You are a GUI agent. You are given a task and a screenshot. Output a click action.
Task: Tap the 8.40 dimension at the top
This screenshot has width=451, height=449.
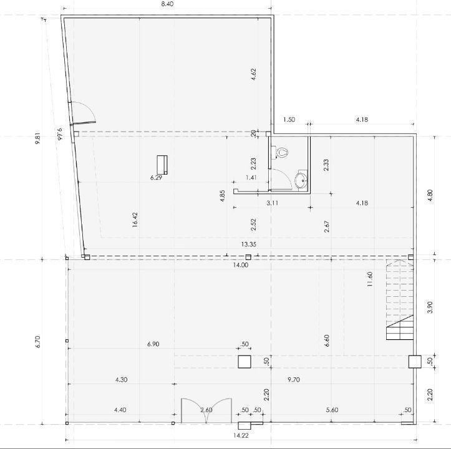(167, 4)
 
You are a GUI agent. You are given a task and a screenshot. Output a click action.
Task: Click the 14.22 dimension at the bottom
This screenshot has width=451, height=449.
(241, 435)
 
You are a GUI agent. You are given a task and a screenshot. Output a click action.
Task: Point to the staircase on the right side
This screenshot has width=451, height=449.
(399, 300)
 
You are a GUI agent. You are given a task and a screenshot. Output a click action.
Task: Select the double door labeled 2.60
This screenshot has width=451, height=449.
(206, 410)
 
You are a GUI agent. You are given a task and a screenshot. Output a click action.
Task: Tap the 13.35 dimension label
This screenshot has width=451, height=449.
(249, 244)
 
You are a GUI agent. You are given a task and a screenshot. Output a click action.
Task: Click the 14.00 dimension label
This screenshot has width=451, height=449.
(241, 265)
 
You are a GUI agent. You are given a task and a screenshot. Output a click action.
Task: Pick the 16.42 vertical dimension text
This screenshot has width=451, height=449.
(135, 220)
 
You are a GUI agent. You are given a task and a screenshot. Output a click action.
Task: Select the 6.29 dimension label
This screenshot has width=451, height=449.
(156, 178)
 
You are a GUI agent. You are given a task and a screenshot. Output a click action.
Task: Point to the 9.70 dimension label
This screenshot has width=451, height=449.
(294, 380)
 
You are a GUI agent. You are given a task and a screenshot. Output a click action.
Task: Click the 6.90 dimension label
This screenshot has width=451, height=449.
(153, 344)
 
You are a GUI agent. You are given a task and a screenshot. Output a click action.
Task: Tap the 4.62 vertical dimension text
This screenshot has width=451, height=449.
(253, 74)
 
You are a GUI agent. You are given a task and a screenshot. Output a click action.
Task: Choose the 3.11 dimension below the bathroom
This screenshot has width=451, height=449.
(272, 203)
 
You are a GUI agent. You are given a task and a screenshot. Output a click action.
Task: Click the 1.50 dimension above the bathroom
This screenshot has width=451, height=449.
(289, 120)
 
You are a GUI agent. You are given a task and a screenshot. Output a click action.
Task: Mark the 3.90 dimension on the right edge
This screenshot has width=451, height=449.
(430, 307)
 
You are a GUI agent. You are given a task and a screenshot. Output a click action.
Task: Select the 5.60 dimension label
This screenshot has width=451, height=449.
(332, 410)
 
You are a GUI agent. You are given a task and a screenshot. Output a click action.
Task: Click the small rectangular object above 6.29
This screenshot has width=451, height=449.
(162, 165)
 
